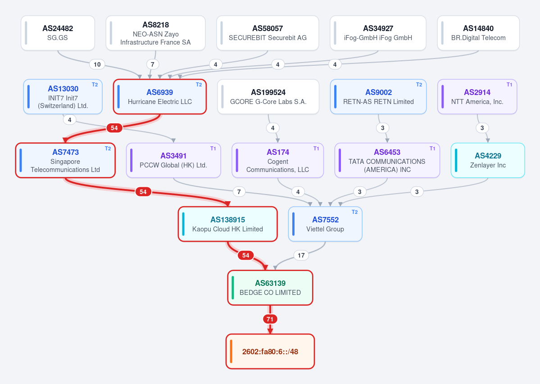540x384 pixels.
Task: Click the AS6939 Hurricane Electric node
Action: coord(160,97)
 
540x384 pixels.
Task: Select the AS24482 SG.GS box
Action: coord(58,33)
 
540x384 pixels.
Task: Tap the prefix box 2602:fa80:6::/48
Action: coord(270,351)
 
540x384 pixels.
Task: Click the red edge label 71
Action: coord(270,319)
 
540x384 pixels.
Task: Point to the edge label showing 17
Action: coord(301,255)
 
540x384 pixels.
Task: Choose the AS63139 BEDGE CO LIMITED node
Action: coord(270,288)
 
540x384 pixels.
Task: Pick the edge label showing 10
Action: coord(97,64)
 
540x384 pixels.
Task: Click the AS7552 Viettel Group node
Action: coord(325,224)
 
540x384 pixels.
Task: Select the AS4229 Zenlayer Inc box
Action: coord(488,160)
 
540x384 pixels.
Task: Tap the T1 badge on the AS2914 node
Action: coord(509,85)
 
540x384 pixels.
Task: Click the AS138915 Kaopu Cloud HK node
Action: coord(227,224)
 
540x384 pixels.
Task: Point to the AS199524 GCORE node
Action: coord(268,97)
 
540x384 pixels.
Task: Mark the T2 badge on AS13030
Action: coord(95,85)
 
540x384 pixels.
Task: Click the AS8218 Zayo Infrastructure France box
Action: coord(156,33)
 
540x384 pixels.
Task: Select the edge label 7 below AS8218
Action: coord(153,64)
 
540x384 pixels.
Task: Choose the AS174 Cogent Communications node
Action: coord(277,160)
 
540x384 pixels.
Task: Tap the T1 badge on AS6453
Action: coord(432,149)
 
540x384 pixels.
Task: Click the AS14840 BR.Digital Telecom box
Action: coord(478,33)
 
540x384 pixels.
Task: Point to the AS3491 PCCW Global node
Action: coord(173,160)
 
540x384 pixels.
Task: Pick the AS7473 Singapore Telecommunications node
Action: coord(65,160)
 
